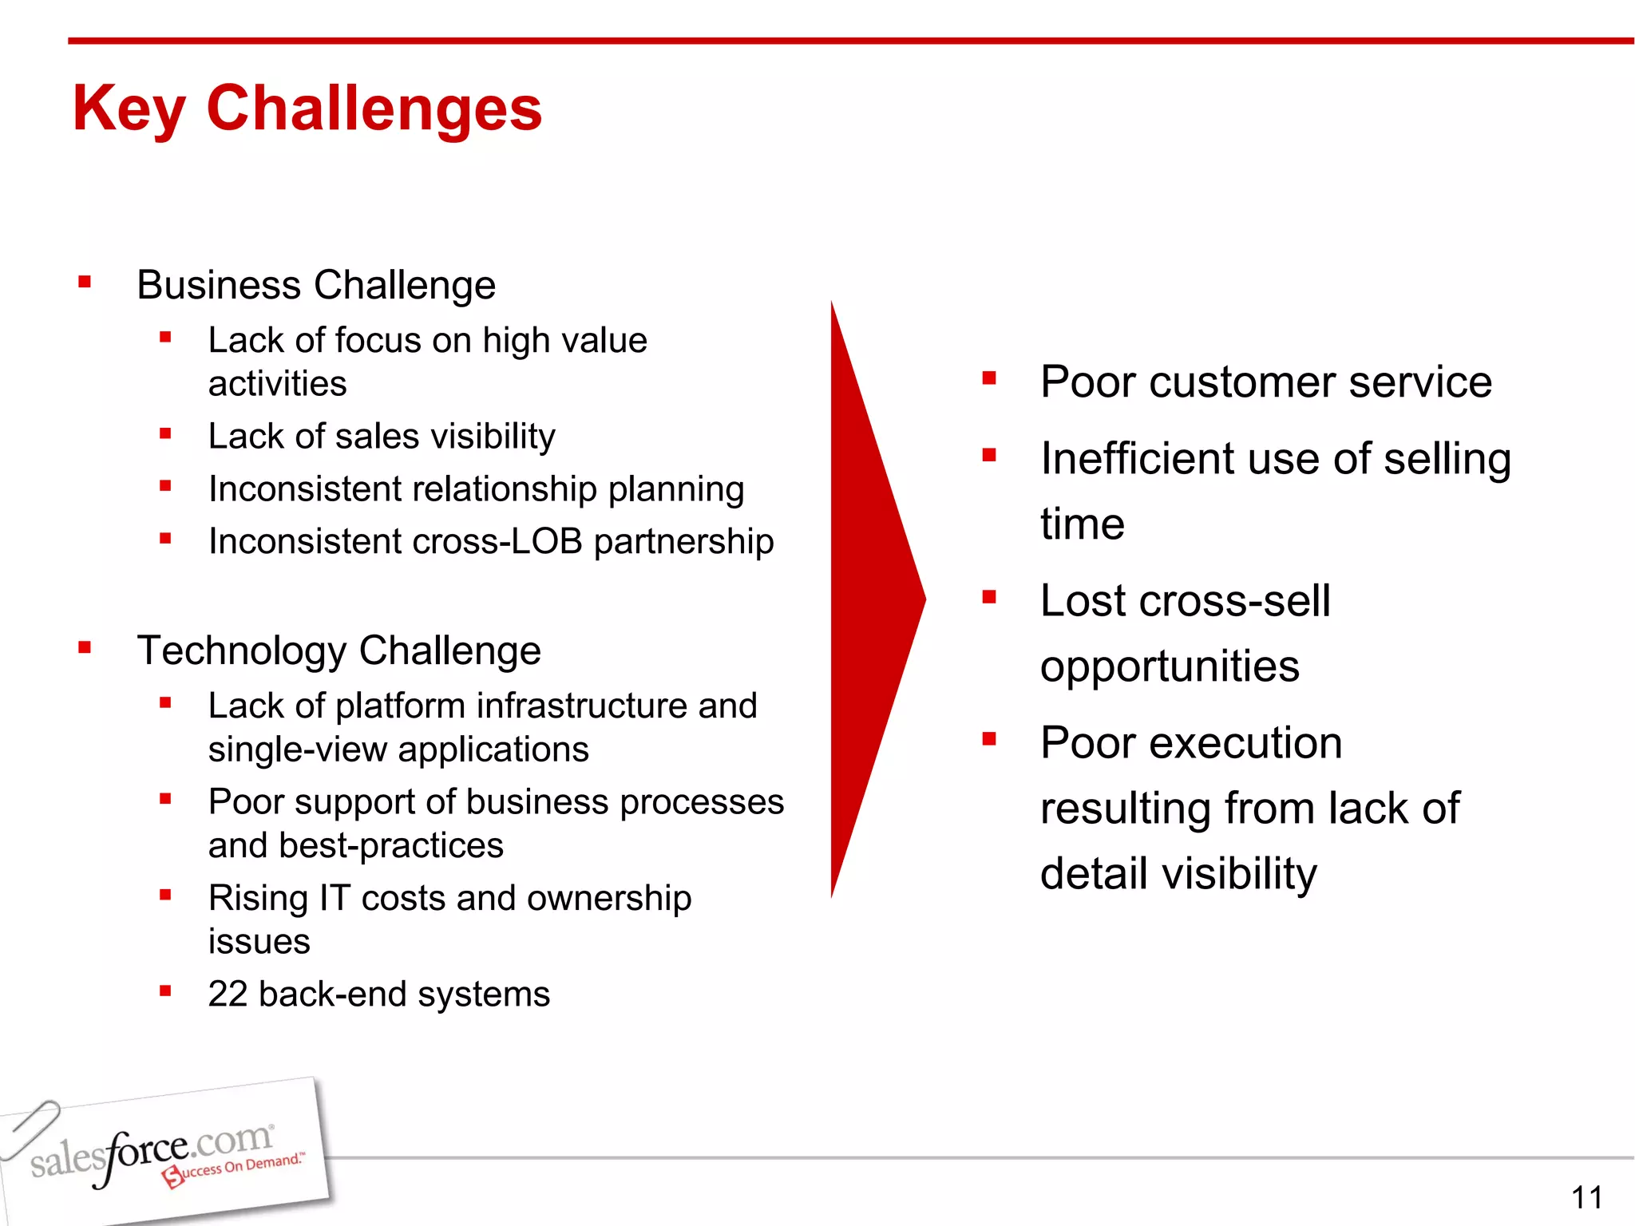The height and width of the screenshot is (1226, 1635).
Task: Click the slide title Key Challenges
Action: click(307, 109)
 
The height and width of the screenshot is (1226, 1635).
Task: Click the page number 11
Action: click(1586, 1197)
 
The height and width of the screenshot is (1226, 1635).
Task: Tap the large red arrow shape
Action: click(870, 599)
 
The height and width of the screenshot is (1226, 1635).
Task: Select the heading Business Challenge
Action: click(316, 285)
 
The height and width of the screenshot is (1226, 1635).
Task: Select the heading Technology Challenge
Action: click(338, 651)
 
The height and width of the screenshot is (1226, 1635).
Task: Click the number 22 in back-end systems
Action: click(228, 994)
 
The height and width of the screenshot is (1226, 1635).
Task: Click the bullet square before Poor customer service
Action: click(989, 378)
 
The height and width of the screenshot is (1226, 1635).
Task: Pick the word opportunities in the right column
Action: click(1170, 666)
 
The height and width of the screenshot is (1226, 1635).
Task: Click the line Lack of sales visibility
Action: click(382, 437)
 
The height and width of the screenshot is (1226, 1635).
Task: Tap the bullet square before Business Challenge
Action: click(85, 282)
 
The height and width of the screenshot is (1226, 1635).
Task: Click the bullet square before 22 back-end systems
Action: click(165, 991)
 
